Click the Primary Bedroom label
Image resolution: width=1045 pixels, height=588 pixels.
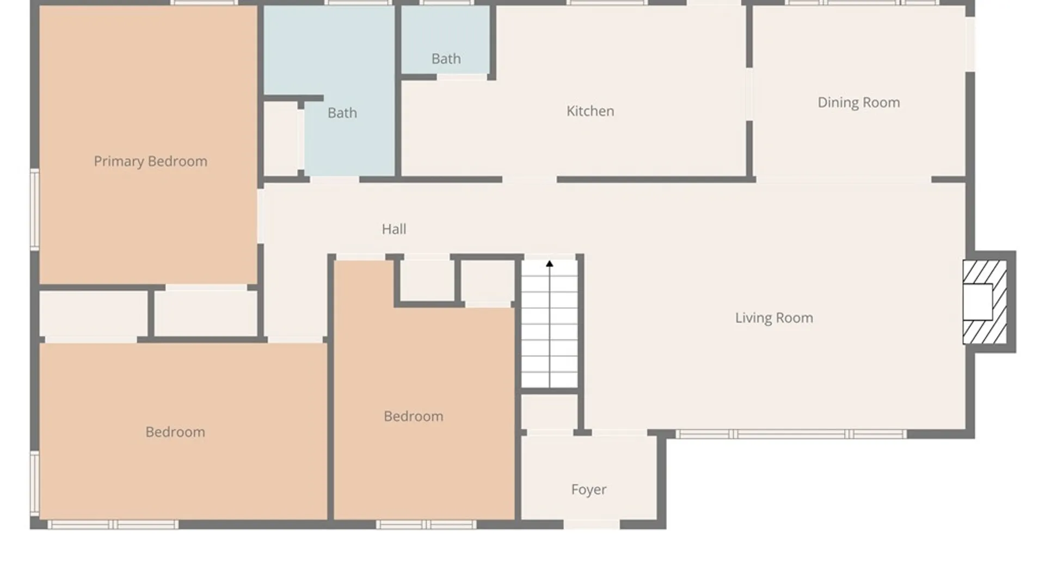(x=150, y=161)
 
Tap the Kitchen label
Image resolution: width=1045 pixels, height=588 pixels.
(x=590, y=111)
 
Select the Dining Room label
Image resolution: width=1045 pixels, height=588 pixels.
(x=859, y=103)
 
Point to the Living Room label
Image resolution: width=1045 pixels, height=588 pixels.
(x=774, y=318)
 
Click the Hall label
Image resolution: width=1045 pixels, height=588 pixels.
(x=394, y=229)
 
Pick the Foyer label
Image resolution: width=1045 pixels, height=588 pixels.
(x=589, y=490)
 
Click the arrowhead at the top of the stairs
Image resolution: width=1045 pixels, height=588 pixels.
(x=550, y=264)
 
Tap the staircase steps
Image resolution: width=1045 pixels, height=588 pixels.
(x=550, y=323)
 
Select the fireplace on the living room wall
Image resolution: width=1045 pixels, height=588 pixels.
(x=985, y=302)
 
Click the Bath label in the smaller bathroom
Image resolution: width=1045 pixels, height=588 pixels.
(x=446, y=59)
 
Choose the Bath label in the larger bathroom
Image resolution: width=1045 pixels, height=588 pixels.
(x=342, y=113)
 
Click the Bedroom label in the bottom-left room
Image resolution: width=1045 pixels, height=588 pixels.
(x=175, y=432)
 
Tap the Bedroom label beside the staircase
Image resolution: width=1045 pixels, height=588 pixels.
(x=414, y=416)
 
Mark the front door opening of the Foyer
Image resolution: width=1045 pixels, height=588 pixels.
(x=592, y=524)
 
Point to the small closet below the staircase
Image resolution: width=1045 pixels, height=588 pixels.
(x=549, y=412)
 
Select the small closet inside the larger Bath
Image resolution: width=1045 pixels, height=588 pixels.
(x=281, y=139)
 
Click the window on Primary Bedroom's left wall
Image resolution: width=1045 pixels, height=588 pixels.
(x=35, y=209)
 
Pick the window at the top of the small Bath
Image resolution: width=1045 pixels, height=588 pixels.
(x=446, y=3)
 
